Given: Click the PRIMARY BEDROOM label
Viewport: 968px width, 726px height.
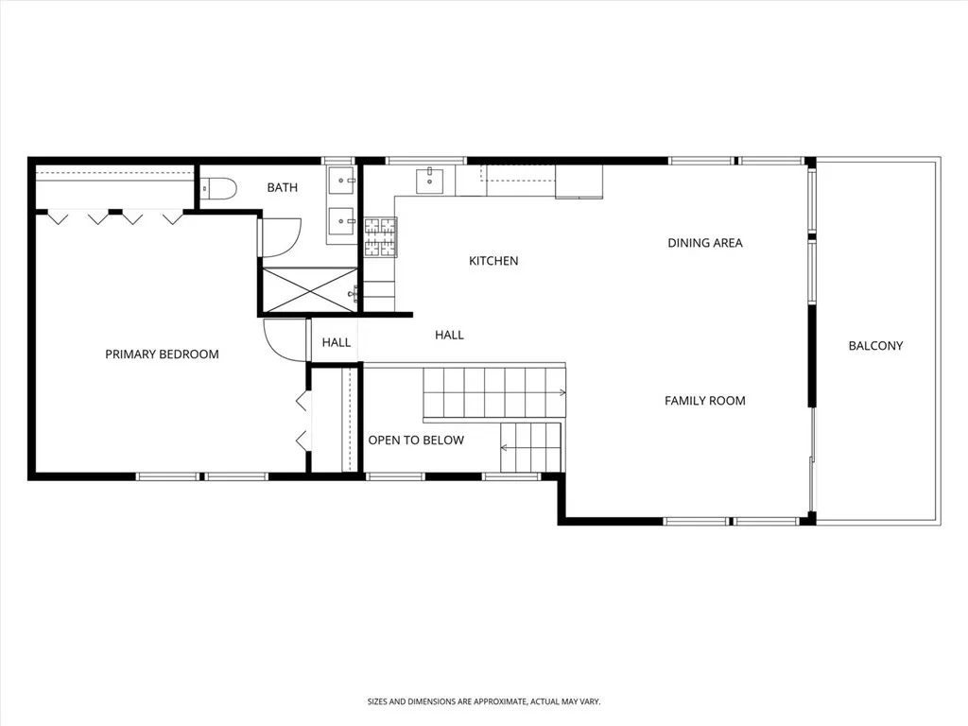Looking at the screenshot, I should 162,354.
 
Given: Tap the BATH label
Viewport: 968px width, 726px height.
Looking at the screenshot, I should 282,188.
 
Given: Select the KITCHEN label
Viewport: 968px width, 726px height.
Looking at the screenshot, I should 493,261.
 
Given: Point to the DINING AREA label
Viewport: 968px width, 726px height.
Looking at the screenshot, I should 705,243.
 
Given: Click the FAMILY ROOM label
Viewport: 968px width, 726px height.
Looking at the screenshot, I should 704,401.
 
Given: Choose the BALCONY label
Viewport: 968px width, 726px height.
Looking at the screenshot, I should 875,346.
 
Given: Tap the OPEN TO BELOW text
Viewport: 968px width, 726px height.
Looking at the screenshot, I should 416,441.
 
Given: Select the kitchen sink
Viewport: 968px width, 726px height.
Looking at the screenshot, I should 430,180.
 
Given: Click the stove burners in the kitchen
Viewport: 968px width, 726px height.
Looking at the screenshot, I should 381,236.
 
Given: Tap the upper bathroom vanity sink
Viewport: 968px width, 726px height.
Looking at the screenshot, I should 341,179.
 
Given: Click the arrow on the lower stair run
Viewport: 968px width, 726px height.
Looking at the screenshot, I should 507,446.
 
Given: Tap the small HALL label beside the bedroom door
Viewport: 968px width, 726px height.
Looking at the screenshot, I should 337,343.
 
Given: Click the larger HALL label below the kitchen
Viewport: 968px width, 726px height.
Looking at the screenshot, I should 449,335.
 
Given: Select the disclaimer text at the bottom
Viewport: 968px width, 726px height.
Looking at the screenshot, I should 484,701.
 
